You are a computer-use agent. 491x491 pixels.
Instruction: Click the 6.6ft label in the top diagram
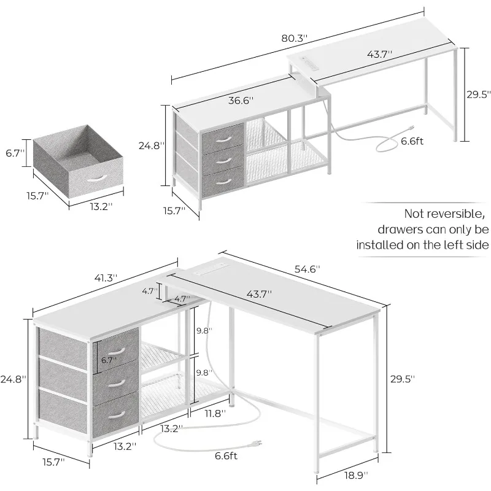point(412,141)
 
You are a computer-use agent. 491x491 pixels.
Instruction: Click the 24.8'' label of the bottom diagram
point(13,379)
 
